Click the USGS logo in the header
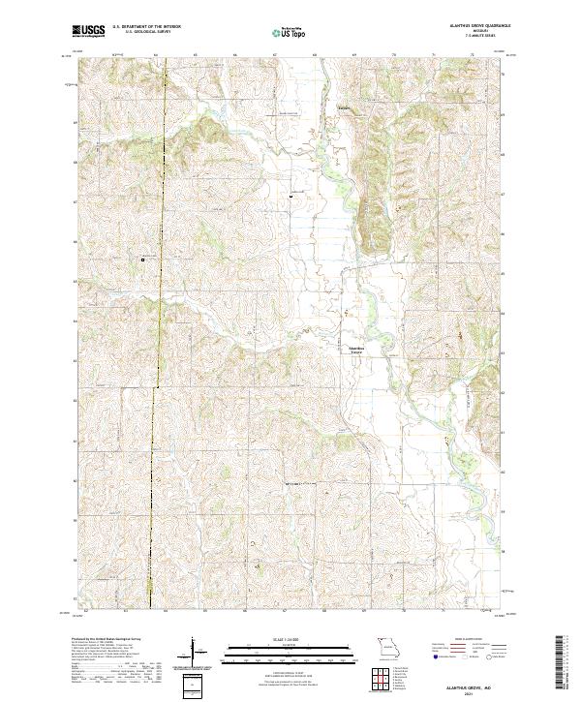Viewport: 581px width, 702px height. (x=88, y=31)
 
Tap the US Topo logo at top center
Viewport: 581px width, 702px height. (x=290, y=32)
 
